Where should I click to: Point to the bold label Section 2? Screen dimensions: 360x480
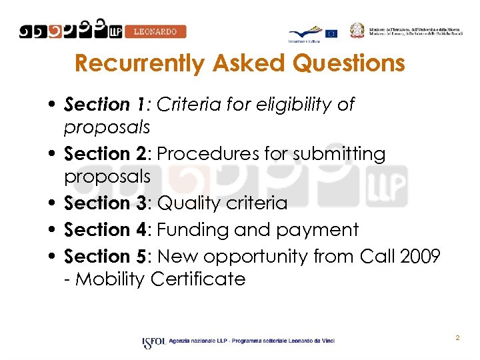106,154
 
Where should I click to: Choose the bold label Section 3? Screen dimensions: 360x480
106,203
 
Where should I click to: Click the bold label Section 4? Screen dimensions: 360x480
106,229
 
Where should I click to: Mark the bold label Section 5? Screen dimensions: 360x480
106,256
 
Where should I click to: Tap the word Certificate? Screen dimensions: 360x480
198,279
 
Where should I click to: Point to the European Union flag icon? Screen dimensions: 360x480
331,33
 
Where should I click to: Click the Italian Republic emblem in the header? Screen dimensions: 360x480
358,31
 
